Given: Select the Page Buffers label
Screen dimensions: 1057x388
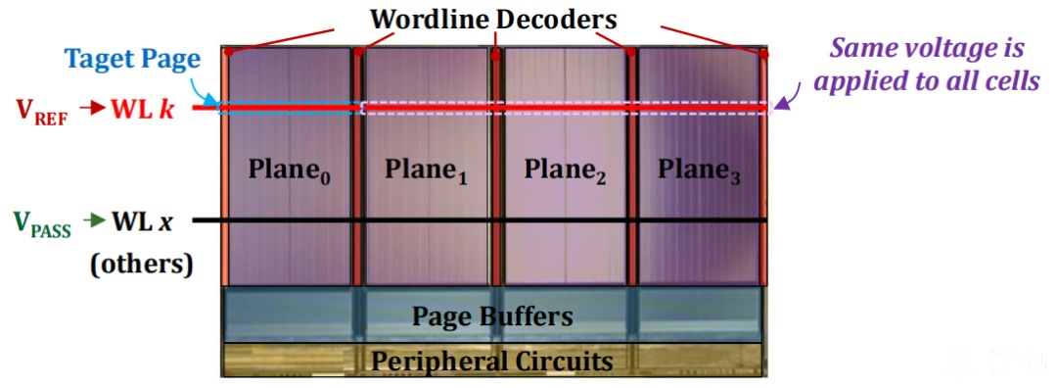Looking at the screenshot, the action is tap(492, 315).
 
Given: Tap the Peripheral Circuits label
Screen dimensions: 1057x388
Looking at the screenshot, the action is tap(492, 361).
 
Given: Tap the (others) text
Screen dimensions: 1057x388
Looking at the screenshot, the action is tap(142, 263).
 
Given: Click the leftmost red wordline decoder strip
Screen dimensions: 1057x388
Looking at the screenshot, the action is tap(224, 166).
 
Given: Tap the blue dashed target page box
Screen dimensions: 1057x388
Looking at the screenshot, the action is tap(289, 102).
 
